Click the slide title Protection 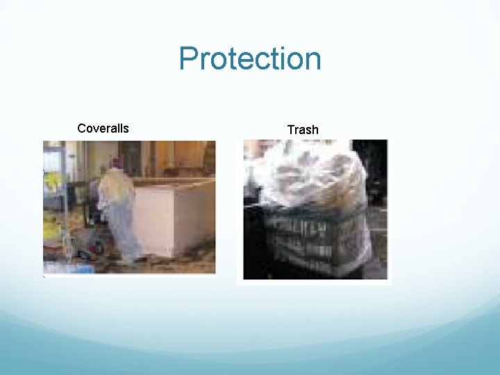250,59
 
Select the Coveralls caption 103,128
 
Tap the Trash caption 303,130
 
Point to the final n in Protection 312,61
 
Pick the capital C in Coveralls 82,128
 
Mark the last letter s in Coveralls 126,129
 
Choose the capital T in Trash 291,130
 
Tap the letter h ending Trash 315,130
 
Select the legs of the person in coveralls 127,240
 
